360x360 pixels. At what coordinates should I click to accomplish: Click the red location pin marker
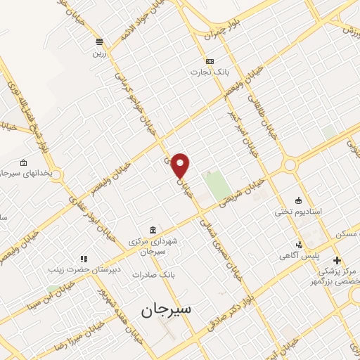[181, 165]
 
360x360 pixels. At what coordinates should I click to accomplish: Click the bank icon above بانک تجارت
[210, 61]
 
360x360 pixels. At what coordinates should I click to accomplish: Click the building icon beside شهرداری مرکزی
[153, 230]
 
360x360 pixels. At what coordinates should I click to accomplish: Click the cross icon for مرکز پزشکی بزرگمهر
[337, 261]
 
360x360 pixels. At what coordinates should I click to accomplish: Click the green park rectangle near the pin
[217, 184]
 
